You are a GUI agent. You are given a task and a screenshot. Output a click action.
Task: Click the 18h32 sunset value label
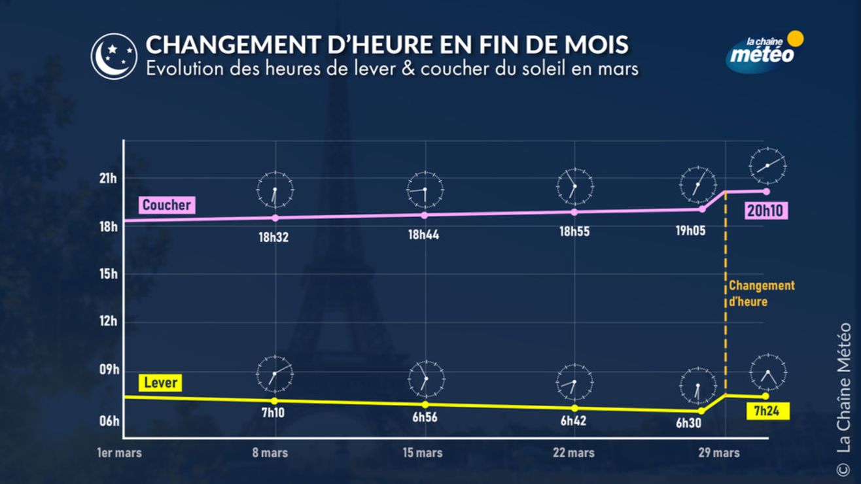[x=273, y=237]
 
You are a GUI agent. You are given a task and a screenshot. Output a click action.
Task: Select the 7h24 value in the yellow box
[x=766, y=411]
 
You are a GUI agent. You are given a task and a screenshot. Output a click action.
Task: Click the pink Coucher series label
[x=167, y=205]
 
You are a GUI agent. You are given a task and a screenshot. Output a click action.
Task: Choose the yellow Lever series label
[x=160, y=383]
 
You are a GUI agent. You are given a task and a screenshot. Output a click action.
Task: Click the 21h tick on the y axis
[x=109, y=179]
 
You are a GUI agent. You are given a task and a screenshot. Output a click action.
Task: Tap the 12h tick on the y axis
[x=109, y=322]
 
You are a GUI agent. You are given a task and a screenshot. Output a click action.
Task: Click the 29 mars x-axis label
[x=719, y=453]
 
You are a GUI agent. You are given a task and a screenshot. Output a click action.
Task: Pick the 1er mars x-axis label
[x=119, y=453]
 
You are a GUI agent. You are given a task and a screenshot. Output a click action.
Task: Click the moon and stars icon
[x=114, y=56]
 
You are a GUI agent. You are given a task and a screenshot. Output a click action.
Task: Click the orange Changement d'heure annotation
[x=762, y=294]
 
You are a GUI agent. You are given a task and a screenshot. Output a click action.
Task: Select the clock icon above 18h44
[x=425, y=189]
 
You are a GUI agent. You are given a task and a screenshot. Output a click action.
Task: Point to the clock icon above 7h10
[x=275, y=374]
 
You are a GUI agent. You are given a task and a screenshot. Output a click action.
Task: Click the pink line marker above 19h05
[x=702, y=209]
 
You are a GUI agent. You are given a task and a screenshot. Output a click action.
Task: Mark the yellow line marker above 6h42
[x=574, y=407]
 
